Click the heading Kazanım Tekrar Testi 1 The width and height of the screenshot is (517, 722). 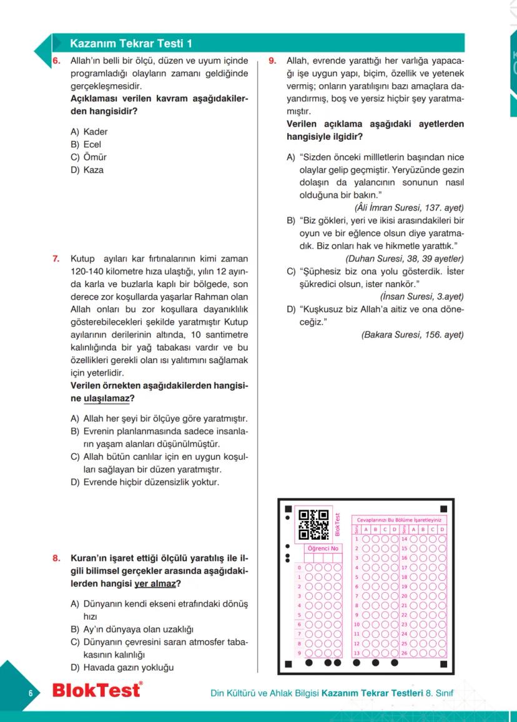(x=131, y=44)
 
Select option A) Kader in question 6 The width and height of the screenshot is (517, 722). (x=89, y=132)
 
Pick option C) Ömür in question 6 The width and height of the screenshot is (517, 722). (x=88, y=157)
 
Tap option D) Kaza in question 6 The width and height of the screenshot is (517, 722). (x=87, y=169)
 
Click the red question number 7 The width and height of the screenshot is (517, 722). (x=56, y=258)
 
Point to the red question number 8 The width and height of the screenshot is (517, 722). (x=56, y=558)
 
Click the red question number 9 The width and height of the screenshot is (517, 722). (x=272, y=61)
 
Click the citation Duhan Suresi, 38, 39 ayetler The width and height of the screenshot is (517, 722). (x=405, y=258)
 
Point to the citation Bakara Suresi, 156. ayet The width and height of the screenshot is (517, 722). (x=413, y=334)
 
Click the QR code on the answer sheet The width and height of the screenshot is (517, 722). (x=313, y=524)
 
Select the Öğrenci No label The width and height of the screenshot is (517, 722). (x=323, y=548)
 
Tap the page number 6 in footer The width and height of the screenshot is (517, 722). (x=29, y=694)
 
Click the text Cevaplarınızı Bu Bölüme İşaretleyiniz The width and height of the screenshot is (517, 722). (x=399, y=519)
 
